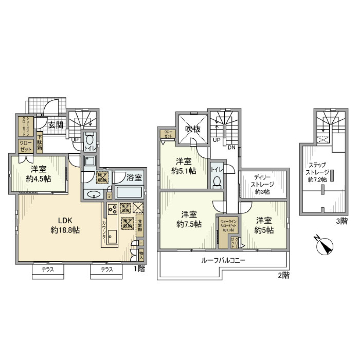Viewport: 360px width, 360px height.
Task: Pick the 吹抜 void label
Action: tap(192, 129)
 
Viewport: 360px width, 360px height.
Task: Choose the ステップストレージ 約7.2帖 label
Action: tap(319, 172)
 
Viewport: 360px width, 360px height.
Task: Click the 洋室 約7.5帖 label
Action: tap(189, 219)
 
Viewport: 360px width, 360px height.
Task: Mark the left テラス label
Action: tap(47, 270)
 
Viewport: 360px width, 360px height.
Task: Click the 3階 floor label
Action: tap(341, 221)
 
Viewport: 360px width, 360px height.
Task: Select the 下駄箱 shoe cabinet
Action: tap(39, 143)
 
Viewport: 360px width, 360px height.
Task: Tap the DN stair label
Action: tap(231, 147)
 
